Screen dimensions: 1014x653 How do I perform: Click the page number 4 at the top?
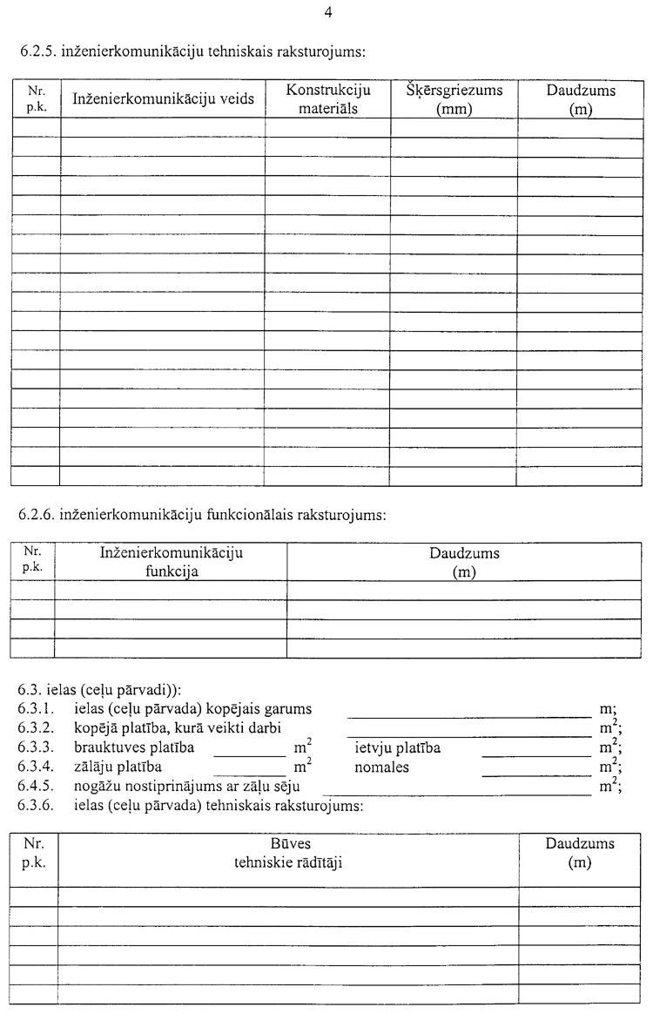(327, 12)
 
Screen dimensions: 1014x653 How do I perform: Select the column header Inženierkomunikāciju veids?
(163, 99)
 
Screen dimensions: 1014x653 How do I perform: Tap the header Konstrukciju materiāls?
(328, 99)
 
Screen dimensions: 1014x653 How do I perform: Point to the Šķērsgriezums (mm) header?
(454, 99)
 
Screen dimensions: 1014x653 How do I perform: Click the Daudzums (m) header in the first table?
(581, 99)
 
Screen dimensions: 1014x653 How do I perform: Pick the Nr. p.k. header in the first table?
(36, 98)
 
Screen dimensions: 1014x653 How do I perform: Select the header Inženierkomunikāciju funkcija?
(172, 562)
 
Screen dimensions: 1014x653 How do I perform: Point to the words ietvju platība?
(397, 748)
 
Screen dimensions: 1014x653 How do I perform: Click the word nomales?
(381, 767)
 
